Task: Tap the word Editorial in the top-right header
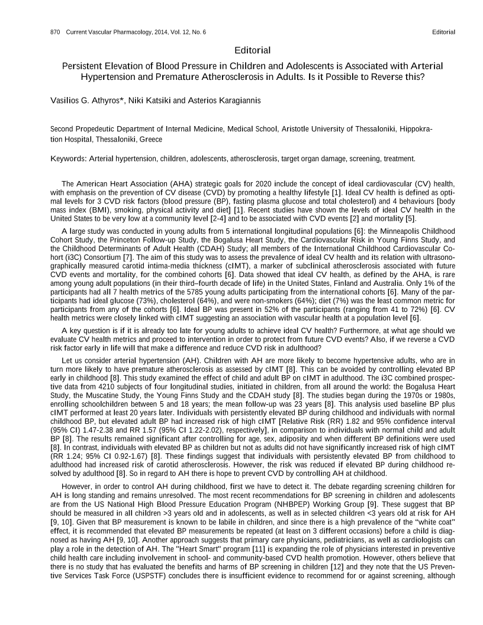[x=444, y=31]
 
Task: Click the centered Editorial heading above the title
[x=253, y=50]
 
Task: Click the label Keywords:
[x=69, y=159]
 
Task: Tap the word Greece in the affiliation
[x=150, y=140]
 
